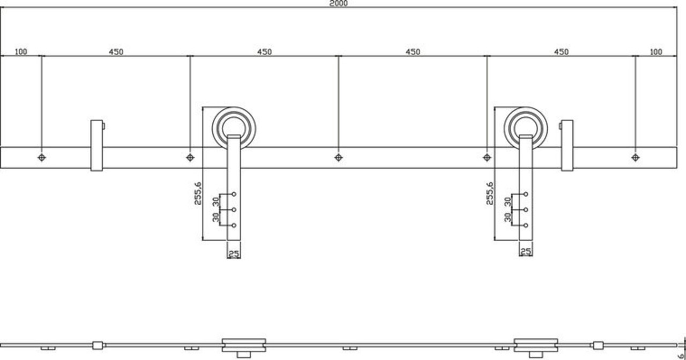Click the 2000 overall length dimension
[339, 3]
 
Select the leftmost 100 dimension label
[21, 52]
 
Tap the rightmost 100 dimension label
[655, 52]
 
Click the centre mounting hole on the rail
[338, 157]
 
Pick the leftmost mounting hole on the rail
[42, 157]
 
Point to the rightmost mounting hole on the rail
[635, 157]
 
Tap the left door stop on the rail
[96, 145]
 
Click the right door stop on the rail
[567, 145]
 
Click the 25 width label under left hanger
[234, 253]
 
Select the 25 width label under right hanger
[526, 251]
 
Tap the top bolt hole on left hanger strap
[234, 194]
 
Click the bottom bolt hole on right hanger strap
[526, 225]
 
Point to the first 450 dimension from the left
[116, 52]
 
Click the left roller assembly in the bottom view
[244, 346]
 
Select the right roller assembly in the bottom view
[535, 346]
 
